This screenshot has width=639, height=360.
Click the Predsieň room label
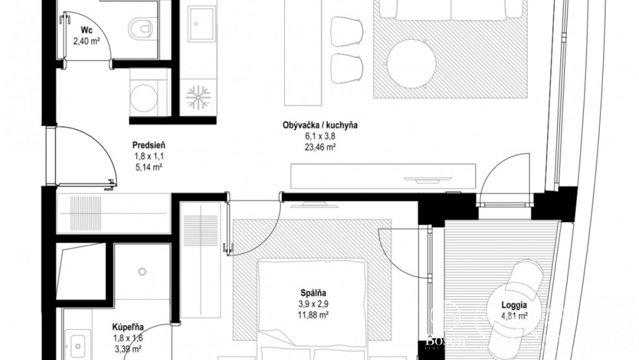[x=149, y=145]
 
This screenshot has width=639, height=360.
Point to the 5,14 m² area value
[x=149, y=167]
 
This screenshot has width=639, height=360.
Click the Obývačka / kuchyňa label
[x=320, y=125]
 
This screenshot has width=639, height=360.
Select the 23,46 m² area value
[x=320, y=148]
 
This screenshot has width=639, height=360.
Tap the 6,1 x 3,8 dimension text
[x=320, y=136]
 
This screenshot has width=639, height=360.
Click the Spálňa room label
[x=313, y=292]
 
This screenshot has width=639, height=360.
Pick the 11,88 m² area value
[x=313, y=315]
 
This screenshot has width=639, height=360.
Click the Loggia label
[x=514, y=304]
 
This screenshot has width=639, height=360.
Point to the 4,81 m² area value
[x=514, y=315]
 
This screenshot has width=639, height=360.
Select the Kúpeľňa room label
[x=128, y=327]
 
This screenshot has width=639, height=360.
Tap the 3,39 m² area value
[x=128, y=348]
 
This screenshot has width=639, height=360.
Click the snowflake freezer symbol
[x=198, y=97]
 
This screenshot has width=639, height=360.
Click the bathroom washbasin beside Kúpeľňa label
[x=78, y=345]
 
